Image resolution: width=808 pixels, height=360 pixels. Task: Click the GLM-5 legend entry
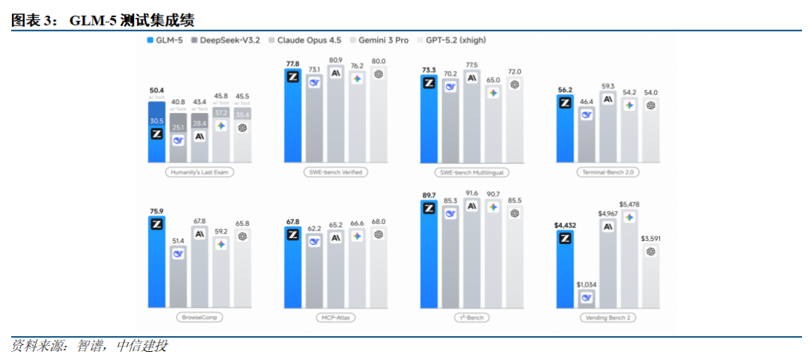coord(165,40)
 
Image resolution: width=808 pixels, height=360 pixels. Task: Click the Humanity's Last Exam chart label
coord(199,172)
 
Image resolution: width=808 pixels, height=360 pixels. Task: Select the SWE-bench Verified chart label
coord(336,172)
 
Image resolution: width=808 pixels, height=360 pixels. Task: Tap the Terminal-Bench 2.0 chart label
coord(608,172)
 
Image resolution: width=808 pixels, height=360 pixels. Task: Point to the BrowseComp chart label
coord(199,317)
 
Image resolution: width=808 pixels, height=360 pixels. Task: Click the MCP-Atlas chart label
coord(336,317)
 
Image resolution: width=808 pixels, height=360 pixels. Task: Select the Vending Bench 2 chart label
coord(608,317)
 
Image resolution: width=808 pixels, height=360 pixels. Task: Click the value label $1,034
coord(587,284)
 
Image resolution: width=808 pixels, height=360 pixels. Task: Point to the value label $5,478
coord(629,204)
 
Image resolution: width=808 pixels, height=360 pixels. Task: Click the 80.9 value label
coord(336,59)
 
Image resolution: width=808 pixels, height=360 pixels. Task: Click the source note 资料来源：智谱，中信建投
coord(90,346)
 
